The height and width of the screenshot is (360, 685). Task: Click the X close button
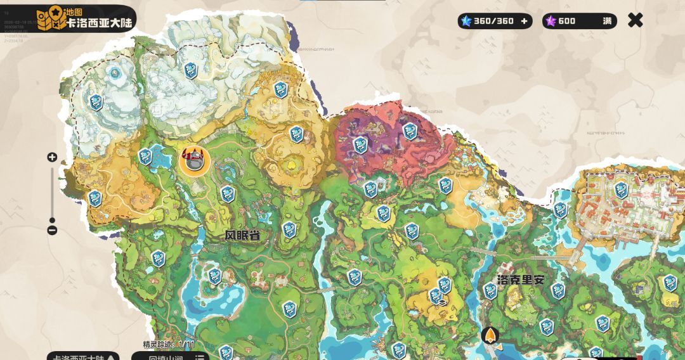pyautogui.click(x=635, y=20)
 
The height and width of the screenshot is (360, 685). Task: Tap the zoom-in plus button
pyautogui.click(x=52, y=157)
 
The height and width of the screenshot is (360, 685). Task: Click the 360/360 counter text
pyautogui.click(x=493, y=21)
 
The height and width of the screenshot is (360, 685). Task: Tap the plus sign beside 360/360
pyautogui.click(x=524, y=21)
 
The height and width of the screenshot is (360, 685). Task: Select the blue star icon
pyautogui.click(x=467, y=21)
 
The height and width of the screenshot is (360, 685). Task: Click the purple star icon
pyautogui.click(x=551, y=21)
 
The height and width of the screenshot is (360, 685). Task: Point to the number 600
pyautogui.click(x=567, y=21)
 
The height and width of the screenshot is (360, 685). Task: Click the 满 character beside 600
pyautogui.click(x=608, y=21)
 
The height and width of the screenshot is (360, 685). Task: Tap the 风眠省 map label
pyautogui.click(x=243, y=235)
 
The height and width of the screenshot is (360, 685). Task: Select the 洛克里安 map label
pyautogui.click(x=521, y=279)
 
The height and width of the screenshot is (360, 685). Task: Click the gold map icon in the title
pyautogui.click(x=49, y=19)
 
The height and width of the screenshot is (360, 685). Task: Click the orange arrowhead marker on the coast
pyautogui.click(x=490, y=335)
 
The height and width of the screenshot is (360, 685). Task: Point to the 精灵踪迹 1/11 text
pyautogui.click(x=168, y=344)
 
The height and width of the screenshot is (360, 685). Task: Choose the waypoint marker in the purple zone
pyautogui.click(x=360, y=144)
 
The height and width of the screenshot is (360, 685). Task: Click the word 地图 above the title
pyautogui.click(x=74, y=12)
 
